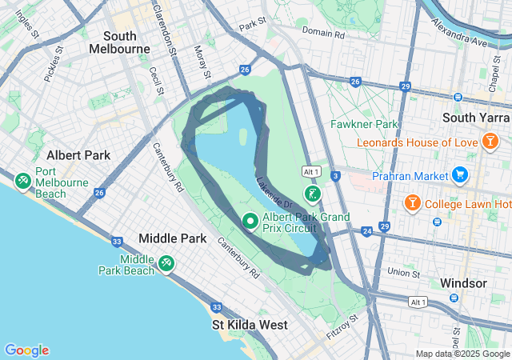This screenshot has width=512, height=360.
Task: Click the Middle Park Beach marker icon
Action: point(166,262)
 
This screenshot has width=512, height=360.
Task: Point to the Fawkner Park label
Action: point(364,125)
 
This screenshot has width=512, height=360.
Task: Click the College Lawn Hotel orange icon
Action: point(413,202)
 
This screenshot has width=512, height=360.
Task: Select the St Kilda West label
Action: point(250,326)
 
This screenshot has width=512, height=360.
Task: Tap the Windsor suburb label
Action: point(463,284)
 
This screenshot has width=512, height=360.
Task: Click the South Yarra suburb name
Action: point(471,118)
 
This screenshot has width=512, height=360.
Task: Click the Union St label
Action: point(404,273)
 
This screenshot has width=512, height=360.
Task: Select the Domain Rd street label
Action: point(323,34)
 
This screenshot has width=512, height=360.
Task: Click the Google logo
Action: point(26,350)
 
